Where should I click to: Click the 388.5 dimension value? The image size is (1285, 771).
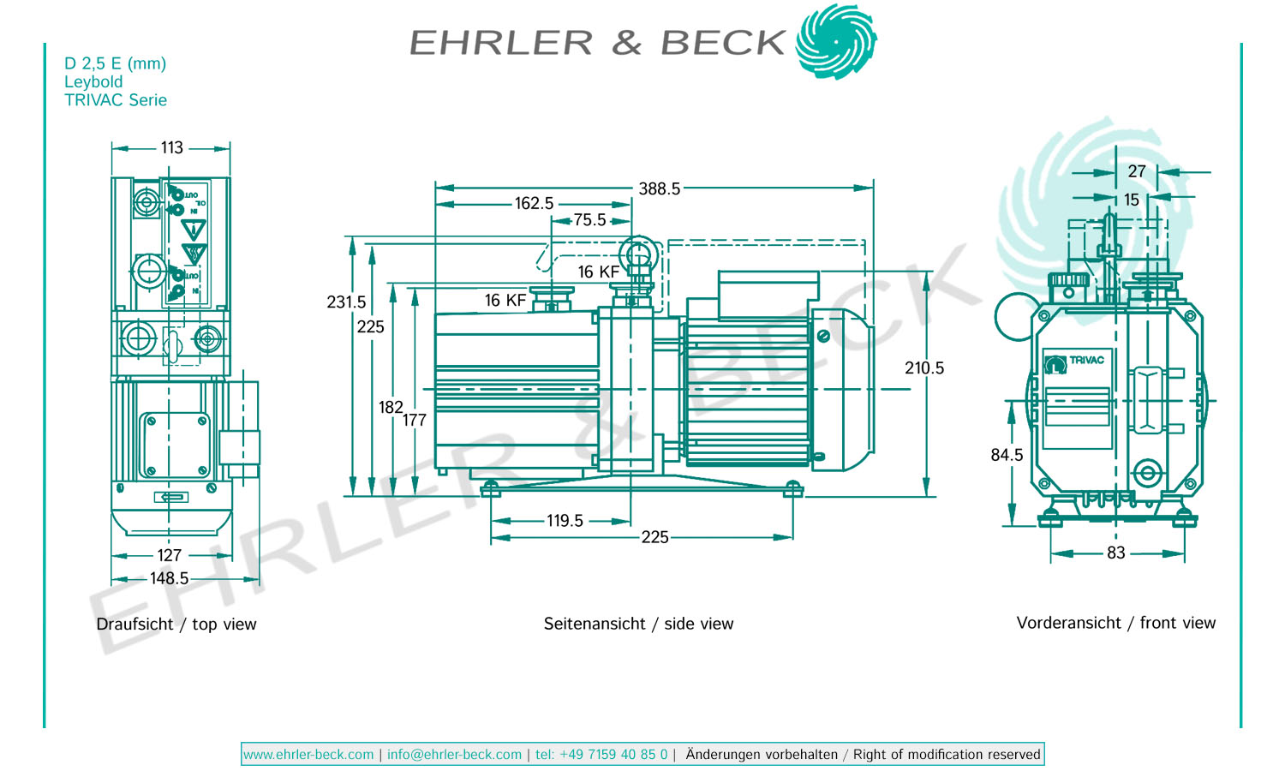tap(659, 188)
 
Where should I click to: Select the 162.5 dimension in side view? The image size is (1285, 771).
tap(534, 203)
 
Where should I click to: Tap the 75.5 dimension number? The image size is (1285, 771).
tap(589, 220)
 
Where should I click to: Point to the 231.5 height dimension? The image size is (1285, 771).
tap(346, 302)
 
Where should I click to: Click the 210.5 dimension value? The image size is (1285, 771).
tap(924, 368)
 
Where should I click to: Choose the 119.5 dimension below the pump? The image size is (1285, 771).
tap(565, 521)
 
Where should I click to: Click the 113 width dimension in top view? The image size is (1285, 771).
tap(171, 147)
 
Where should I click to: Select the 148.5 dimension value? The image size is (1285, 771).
tap(169, 578)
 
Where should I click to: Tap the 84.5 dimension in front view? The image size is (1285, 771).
tap(1007, 455)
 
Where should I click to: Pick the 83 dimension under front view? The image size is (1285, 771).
tap(1115, 553)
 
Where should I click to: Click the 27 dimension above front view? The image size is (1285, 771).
tap(1137, 171)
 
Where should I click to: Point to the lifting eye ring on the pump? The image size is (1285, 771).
tap(638, 254)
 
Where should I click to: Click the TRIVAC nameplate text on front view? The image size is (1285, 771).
tap(1086, 360)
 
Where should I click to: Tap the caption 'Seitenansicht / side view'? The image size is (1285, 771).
tap(638, 624)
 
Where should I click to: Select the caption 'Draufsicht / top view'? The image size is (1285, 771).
tap(176, 624)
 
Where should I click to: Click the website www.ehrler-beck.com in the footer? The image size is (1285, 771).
tap(308, 755)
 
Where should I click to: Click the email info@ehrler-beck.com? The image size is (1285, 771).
tap(454, 755)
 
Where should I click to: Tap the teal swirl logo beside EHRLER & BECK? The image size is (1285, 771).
tap(835, 41)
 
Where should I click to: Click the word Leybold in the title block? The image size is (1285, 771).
tap(93, 81)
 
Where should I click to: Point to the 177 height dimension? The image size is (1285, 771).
tap(415, 420)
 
